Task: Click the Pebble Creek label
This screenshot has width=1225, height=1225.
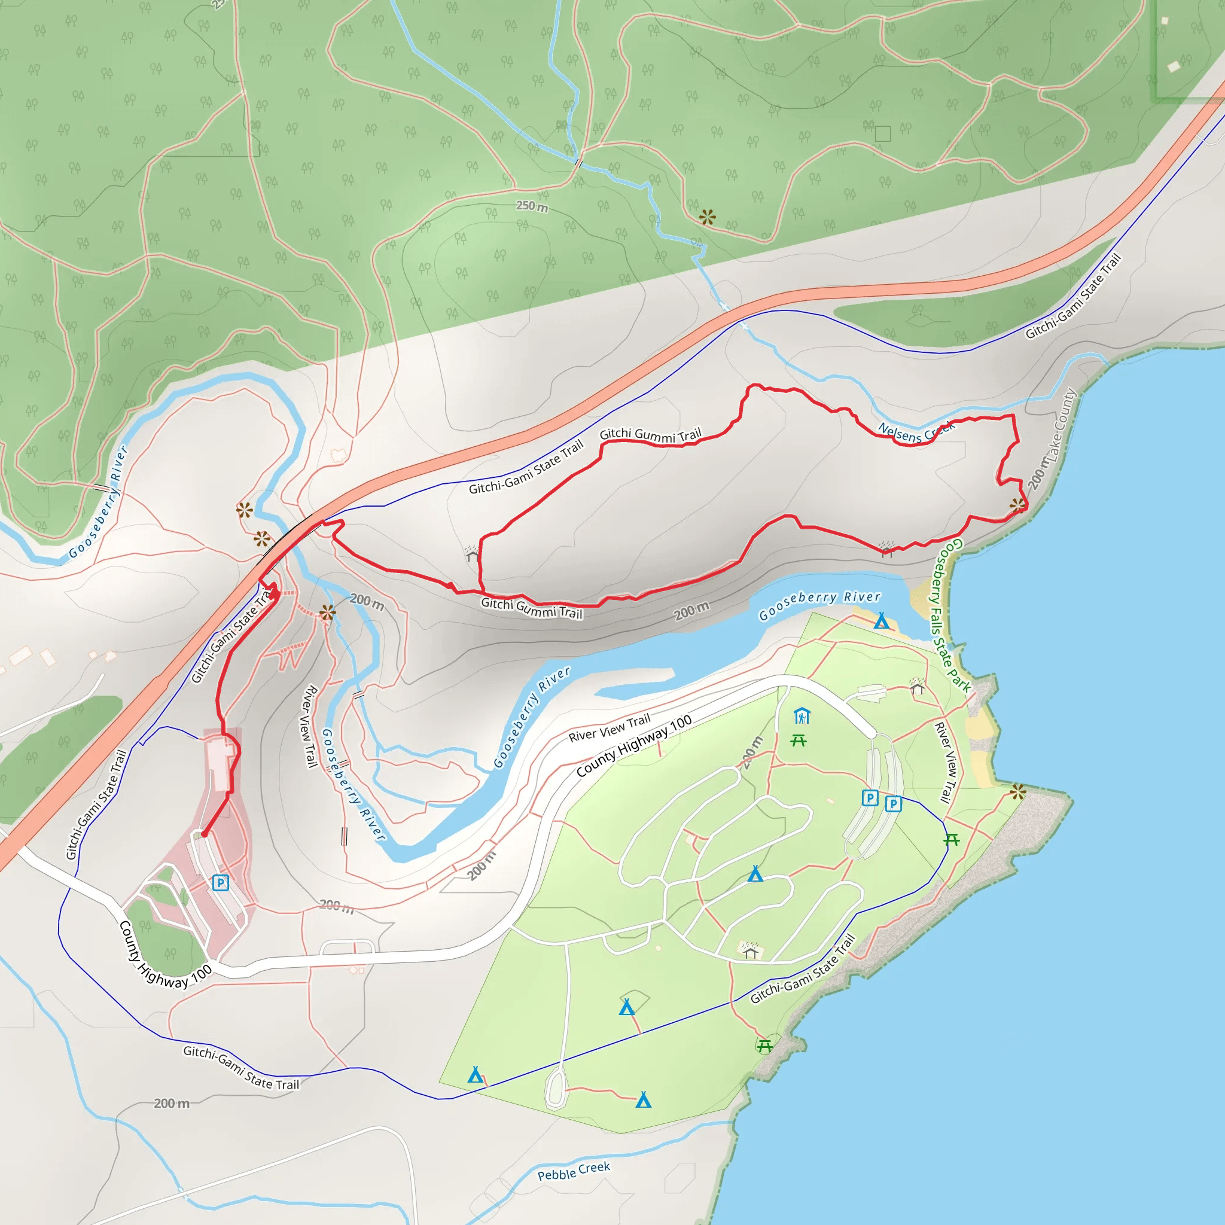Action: [573, 1171]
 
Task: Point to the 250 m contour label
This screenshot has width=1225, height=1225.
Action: [531, 206]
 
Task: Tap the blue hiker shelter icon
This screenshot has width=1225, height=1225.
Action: [802, 716]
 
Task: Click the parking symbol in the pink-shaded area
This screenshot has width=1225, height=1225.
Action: [220, 883]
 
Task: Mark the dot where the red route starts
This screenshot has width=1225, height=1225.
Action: [204, 834]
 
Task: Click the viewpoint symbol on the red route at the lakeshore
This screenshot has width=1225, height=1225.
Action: [1017, 505]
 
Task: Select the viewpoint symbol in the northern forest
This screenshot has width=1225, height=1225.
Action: [707, 218]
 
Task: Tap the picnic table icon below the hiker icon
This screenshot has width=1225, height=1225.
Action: [799, 740]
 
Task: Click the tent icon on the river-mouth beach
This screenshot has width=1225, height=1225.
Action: [881, 621]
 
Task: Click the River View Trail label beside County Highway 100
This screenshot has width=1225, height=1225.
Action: [610, 727]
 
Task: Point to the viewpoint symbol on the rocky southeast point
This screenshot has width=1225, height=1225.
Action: [1017, 791]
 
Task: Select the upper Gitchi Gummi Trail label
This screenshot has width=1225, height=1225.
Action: [651, 435]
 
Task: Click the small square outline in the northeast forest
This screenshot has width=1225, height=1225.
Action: [883, 133]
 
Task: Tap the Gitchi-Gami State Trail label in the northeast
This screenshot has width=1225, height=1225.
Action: [1073, 296]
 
